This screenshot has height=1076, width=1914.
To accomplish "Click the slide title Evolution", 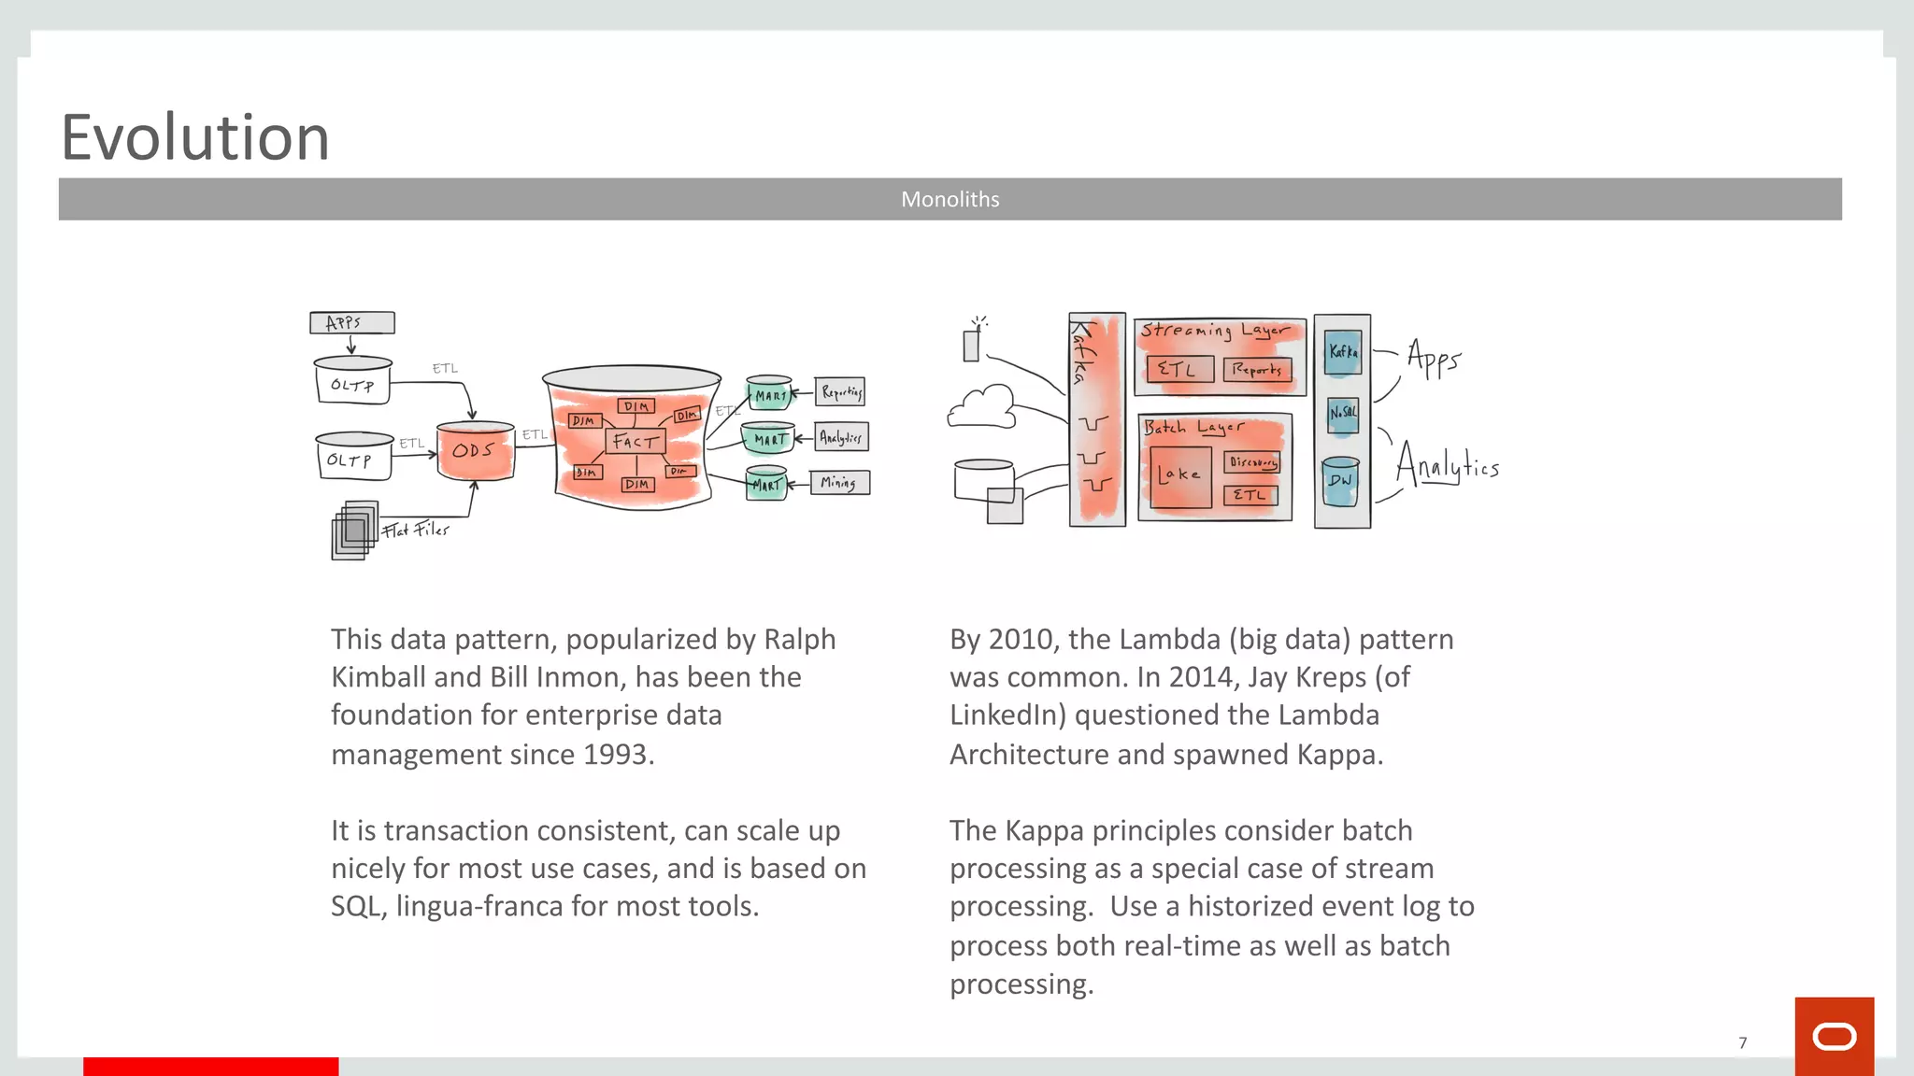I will click(x=195, y=138).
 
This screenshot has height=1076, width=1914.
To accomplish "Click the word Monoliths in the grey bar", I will click(x=950, y=199).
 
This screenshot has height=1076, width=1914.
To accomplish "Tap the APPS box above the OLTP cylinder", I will click(x=351, y=323).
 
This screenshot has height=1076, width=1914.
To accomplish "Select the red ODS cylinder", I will click(x=475, y=451).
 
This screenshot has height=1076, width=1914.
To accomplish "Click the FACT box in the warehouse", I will click(x=636, y=442).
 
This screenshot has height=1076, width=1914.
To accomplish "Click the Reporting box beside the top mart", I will click(x=840, y=392).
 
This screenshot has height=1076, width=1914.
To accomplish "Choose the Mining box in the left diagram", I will click(x=839, y=483).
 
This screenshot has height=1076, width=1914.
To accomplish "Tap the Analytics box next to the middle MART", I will click(x=841, y=437).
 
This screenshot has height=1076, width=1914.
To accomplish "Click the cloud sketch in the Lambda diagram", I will click(x=982, y=408).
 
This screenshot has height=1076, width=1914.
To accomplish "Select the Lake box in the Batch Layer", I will click(x=1180, y=476).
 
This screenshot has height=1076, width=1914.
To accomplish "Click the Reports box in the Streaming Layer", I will click(x=1257, y=370).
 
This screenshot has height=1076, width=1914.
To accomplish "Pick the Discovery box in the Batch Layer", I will click(x=1252, y=462).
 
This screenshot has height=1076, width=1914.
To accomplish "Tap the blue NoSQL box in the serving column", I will click(x=1343, y=413).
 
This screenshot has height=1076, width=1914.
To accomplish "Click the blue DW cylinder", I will click(x=1340, y=481).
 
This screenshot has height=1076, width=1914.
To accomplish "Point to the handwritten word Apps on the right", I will click(x=1433, y=358).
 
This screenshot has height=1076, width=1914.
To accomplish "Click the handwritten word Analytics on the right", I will click(x=1447, y=464).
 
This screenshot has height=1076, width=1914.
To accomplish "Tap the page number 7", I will click(x=1742, y=1042).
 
